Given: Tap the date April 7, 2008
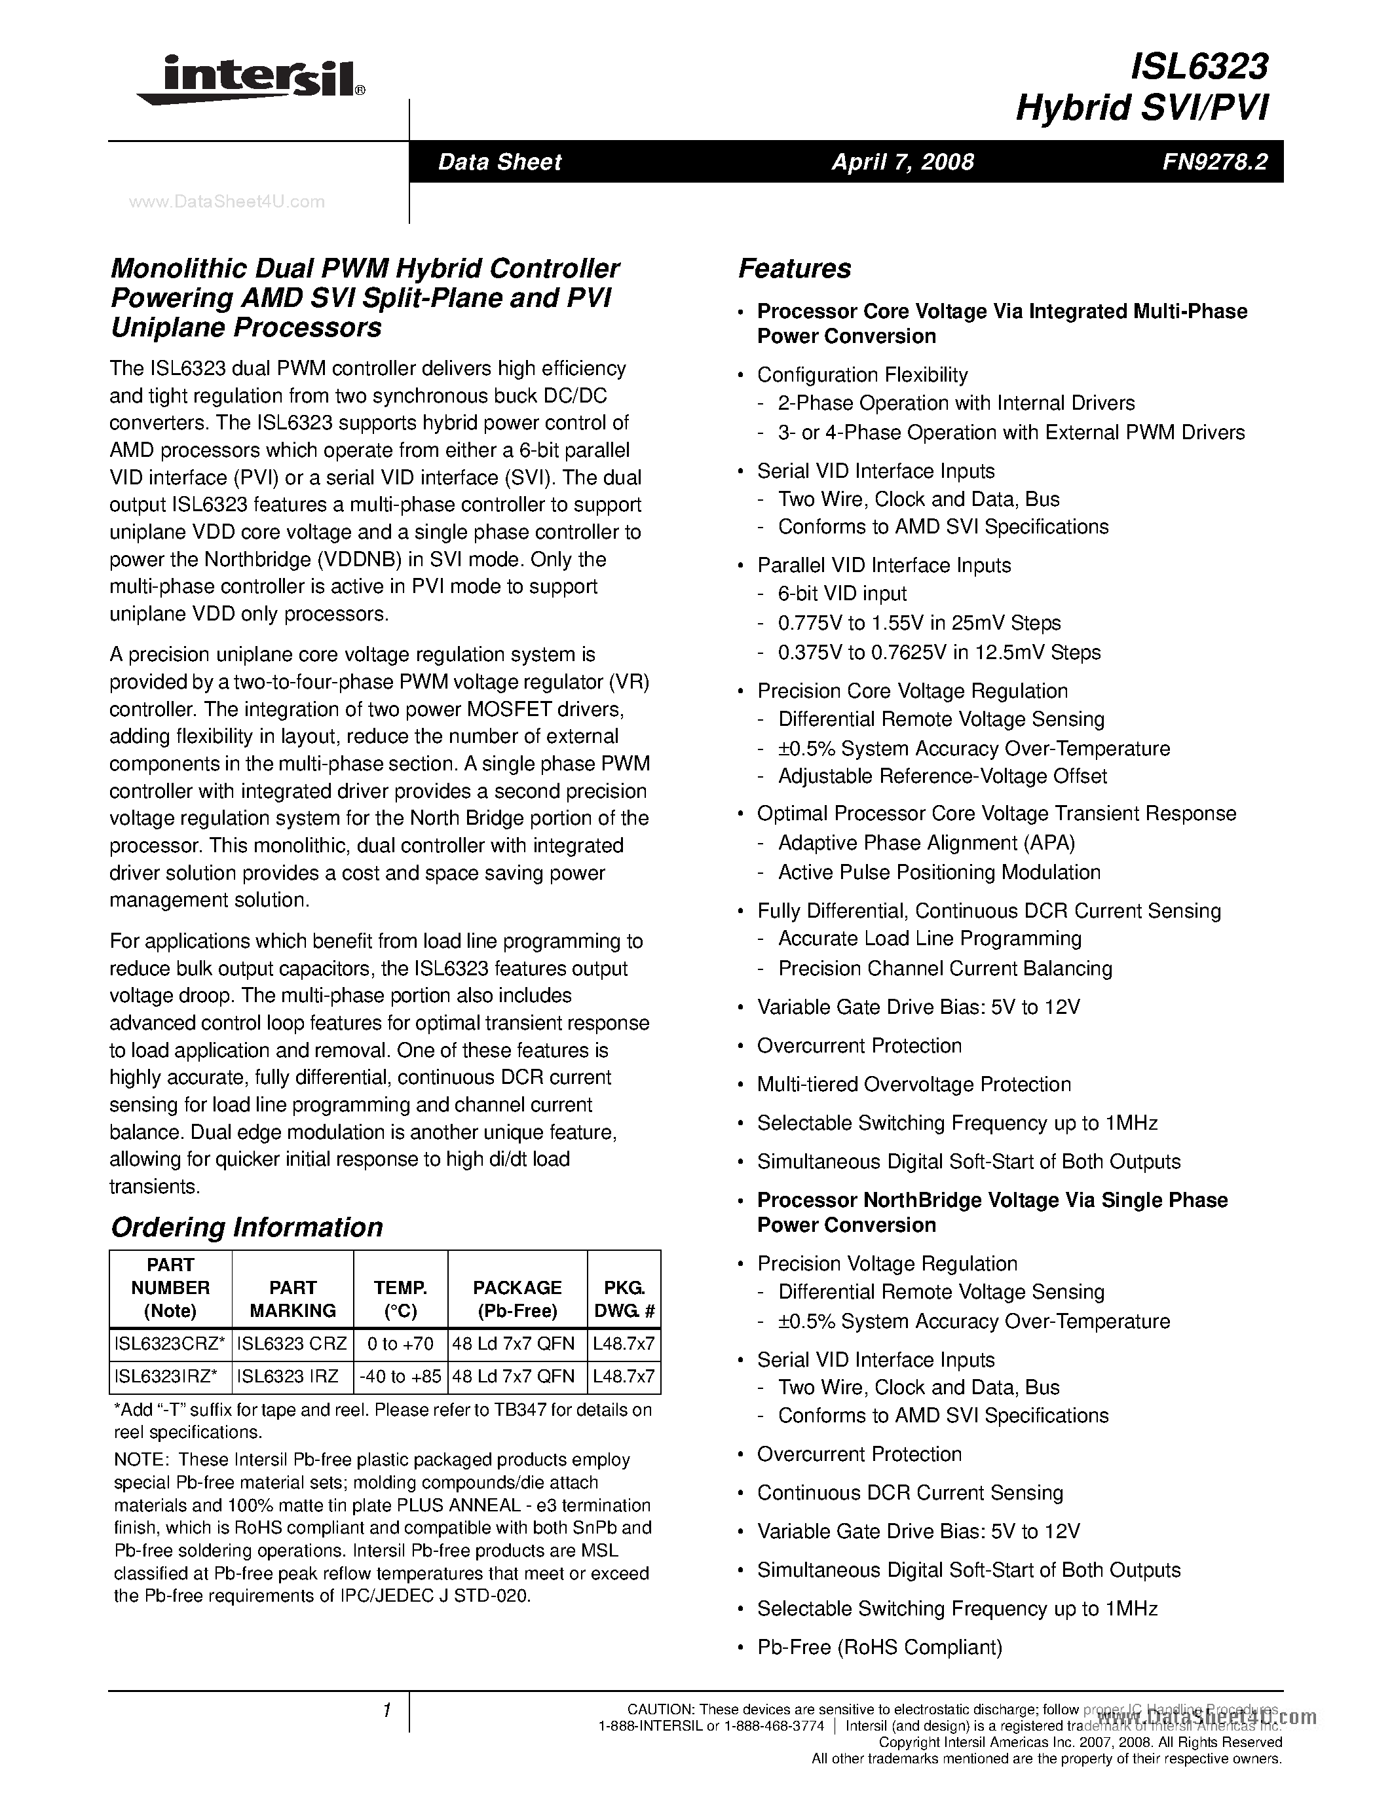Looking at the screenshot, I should (902, 162).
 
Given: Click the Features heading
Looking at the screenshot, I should (794, 268).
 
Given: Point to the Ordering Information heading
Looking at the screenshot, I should (246, 1227).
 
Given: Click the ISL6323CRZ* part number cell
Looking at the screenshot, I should (170, 1343).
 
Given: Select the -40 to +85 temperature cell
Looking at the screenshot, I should (400, 1377).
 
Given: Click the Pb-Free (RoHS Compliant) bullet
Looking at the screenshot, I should (879, 1647).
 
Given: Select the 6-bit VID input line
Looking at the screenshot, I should (842, 594).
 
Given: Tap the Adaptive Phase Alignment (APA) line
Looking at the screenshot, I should (926, 842).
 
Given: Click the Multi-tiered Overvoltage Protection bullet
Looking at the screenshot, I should (914, 1085).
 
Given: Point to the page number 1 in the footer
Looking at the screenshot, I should (386, 1710).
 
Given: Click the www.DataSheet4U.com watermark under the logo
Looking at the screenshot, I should (227, 202).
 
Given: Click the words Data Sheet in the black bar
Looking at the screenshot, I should (499, 162).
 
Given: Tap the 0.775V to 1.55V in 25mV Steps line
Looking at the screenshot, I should (918, 623).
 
